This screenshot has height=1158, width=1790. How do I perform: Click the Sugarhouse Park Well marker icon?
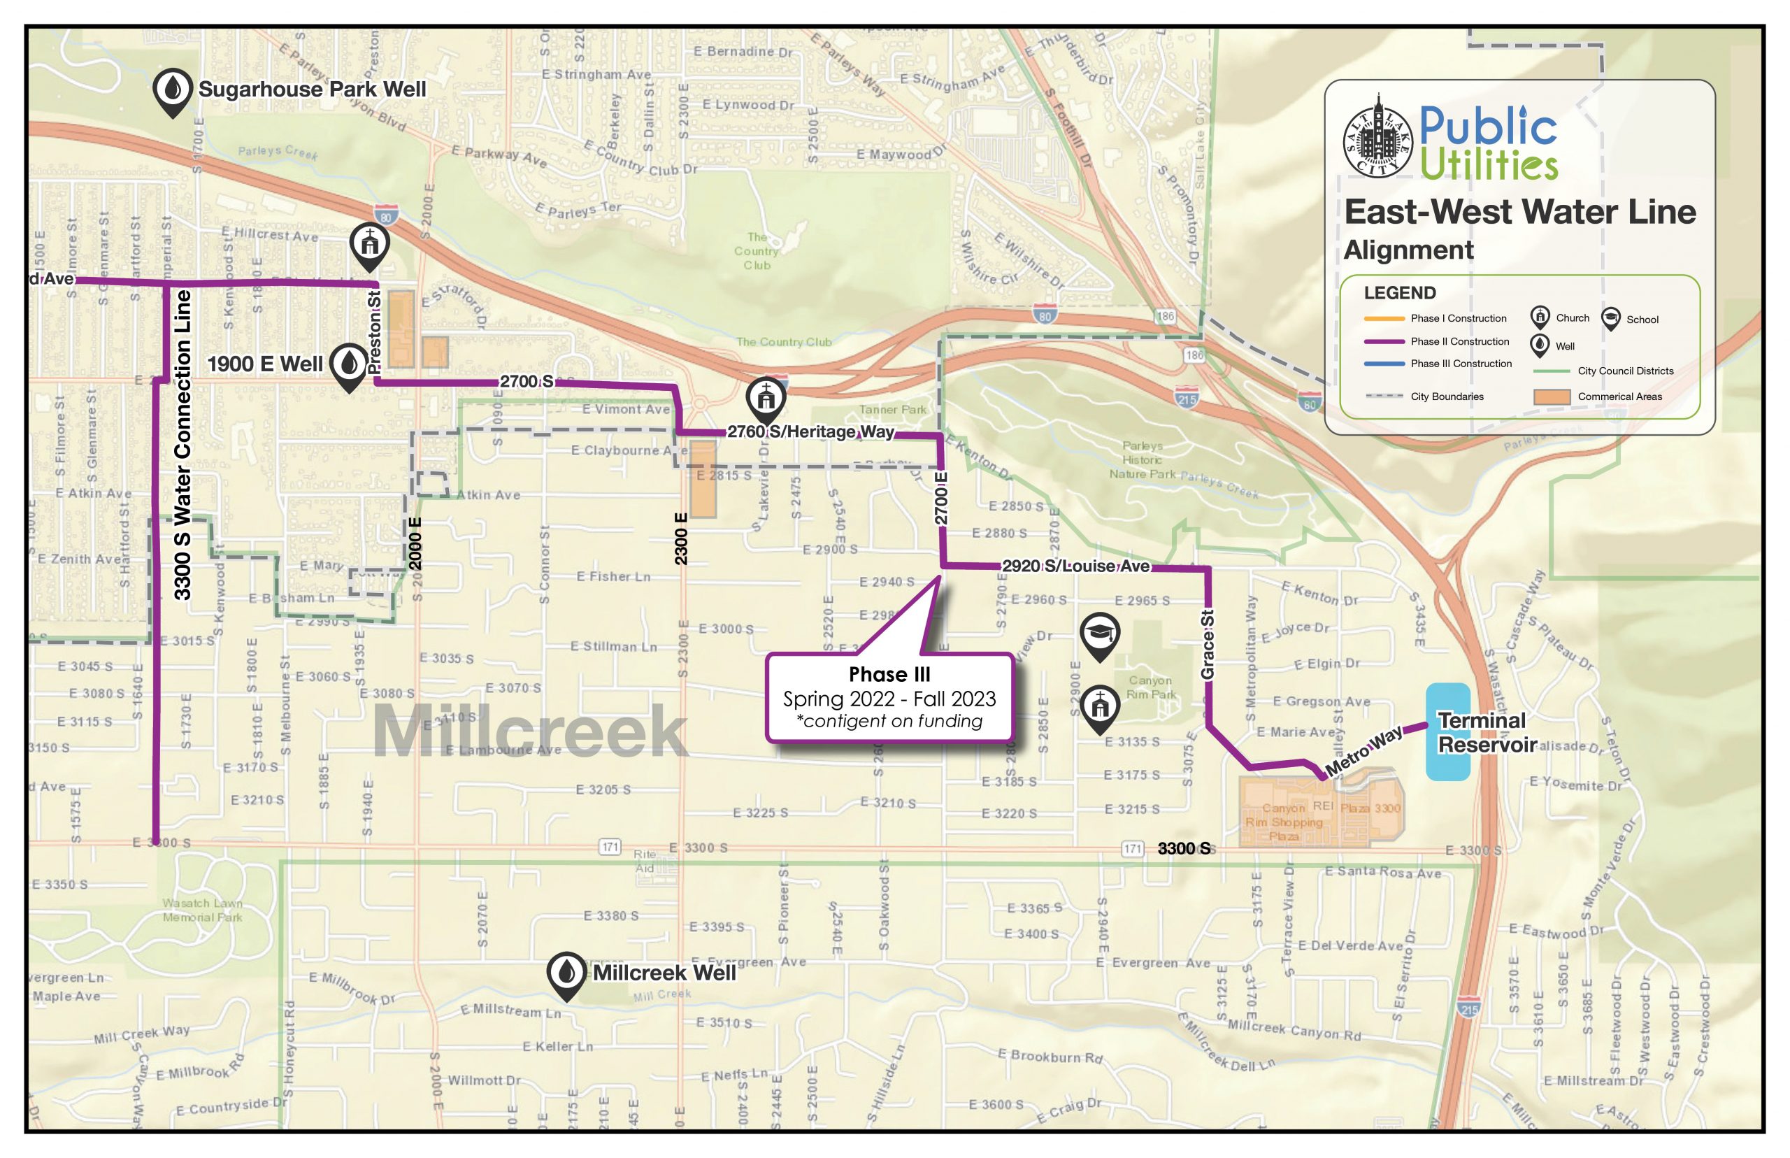172,90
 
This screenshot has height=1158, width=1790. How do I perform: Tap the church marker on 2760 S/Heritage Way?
766,397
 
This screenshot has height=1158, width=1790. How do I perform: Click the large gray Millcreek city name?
529,732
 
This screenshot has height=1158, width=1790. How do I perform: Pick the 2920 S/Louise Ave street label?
1075,566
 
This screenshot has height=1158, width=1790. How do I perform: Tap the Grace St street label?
1208,645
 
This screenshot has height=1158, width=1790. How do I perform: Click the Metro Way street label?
1363,751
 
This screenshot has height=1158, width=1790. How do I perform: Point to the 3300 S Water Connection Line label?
182,445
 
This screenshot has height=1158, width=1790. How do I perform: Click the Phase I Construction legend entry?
1458,318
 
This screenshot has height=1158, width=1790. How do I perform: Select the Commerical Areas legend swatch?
1552,397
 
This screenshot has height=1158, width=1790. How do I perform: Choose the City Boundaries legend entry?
1447,397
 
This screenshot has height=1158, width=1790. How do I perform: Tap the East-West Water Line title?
1519,211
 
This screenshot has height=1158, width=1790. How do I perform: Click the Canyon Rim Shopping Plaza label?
1283,822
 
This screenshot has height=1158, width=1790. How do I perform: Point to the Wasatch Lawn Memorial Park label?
202,910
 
